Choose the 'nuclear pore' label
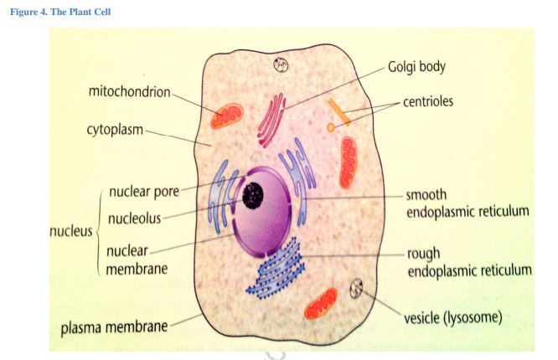click(143, 192)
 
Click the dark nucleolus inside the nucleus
click(253, 196)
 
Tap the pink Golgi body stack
click(271, 119)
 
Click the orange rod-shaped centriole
click(338, 112)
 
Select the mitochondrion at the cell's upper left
click(226, 116)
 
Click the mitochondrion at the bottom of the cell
click(320, 303)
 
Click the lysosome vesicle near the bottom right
click(357, 290)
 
